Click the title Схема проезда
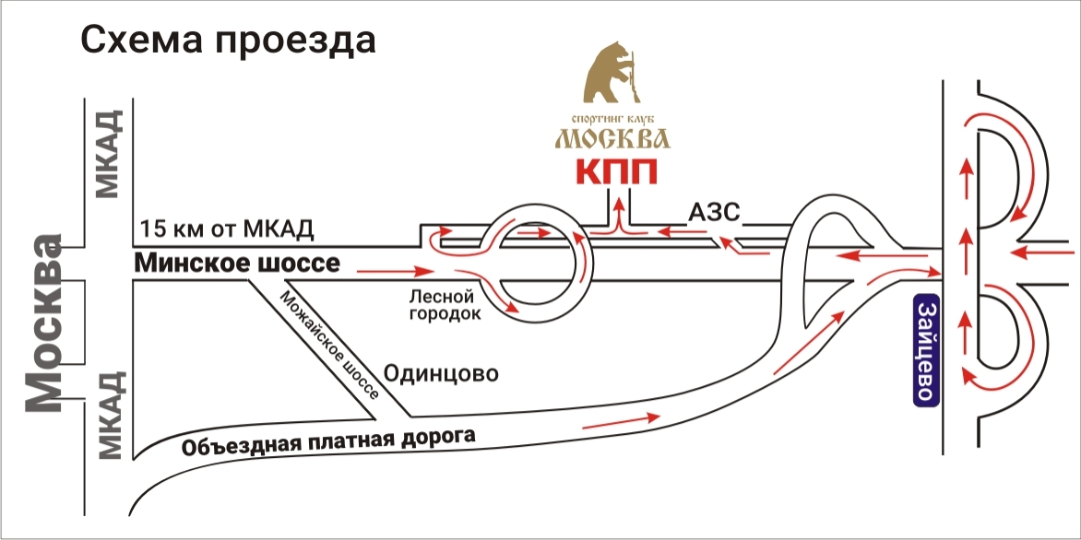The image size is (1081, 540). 229,40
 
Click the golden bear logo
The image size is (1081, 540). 611,74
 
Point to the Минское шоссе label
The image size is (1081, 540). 238,264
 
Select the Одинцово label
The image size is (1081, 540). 441,374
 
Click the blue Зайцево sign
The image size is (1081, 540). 928,350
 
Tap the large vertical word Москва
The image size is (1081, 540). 44,323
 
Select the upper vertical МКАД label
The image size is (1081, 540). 109,154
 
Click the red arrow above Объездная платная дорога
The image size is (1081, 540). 623,421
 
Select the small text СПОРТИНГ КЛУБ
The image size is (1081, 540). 612,119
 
